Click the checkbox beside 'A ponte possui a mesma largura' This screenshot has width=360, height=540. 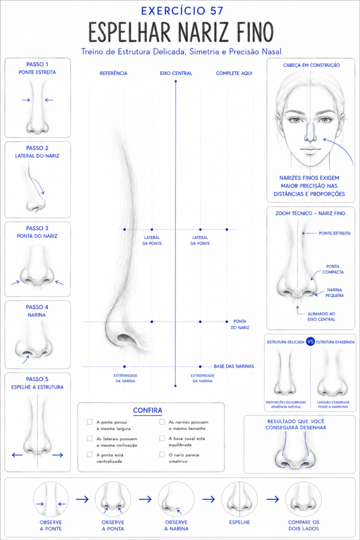click(90, 422)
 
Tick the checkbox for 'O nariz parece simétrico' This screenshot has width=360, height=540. click(162, 455)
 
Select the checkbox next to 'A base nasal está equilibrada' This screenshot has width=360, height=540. click(162, 438)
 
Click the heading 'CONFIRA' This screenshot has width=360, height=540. click(148, 410)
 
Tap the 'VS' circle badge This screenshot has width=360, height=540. click(310, 342)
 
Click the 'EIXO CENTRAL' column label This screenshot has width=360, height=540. click(176, 73)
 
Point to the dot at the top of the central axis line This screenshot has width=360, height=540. click(176, 81)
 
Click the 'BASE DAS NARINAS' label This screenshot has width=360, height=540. click(234, 366)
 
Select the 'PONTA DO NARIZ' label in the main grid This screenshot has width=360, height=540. click(240, 324)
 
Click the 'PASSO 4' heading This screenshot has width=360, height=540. click(37, 307)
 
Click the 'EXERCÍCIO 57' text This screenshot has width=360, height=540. click(182, 11)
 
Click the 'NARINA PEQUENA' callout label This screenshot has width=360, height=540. click(335, 292)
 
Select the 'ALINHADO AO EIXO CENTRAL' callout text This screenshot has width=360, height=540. click(321, 316)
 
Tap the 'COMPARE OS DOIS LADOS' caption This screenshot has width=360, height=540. click(303, 525)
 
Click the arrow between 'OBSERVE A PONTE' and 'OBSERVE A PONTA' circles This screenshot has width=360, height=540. click(82, 499)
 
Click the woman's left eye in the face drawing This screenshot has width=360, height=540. click(324, 120)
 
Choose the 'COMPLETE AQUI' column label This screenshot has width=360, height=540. click(234, 73)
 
